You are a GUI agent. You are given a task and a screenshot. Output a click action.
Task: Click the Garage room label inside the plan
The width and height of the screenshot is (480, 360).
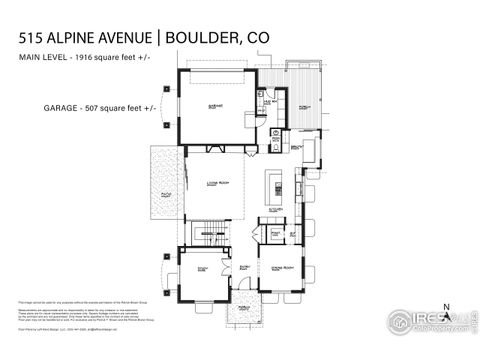coord(215,104)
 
